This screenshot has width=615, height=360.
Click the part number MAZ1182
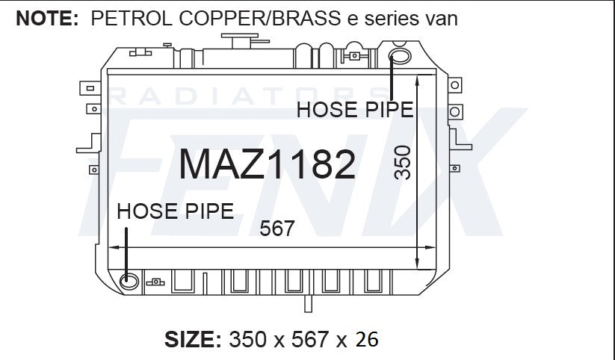[x=267, y=164]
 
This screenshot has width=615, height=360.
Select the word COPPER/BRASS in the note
[x=259, y=19]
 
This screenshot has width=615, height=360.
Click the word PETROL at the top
[x=132, y=19]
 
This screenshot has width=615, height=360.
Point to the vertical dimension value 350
[x=403, y=163]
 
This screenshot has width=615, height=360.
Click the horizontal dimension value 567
[x=277, y=229]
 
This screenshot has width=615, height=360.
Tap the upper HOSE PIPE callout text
[x=355, y=109]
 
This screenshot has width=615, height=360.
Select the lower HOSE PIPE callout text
[x=176, y=211]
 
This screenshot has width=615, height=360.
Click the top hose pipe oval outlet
[x=400, y=56]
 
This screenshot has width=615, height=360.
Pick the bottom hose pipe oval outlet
[x=129, y=281]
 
